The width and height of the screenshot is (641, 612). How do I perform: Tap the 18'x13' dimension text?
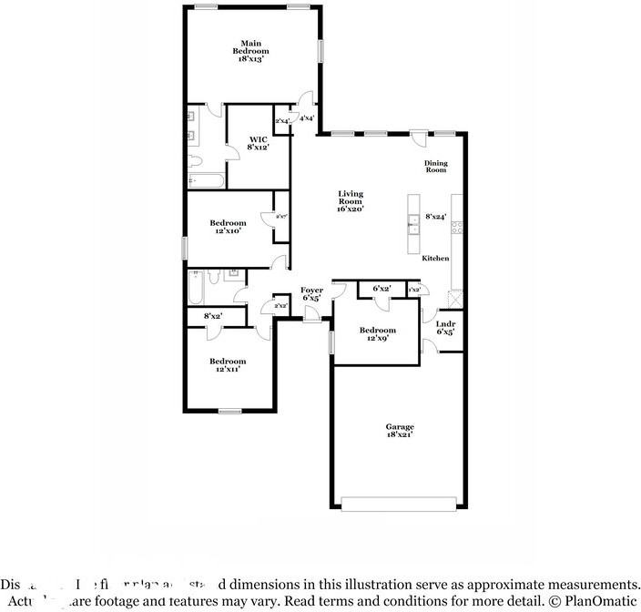[254, 59]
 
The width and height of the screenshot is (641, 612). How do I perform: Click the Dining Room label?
[436, 167]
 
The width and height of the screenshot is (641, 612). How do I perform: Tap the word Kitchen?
[435, 259]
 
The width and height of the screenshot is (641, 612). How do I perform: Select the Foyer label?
[311, 290]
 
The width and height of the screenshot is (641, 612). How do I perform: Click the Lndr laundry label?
[445, 323]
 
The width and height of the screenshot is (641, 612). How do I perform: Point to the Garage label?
[400, 426]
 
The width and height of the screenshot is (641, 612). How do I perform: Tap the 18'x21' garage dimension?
[400, 435]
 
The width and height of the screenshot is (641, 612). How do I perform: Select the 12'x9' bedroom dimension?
[377, 339]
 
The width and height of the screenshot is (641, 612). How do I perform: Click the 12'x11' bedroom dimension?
[227, 370]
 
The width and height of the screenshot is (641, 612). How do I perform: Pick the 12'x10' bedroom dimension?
[228, 231]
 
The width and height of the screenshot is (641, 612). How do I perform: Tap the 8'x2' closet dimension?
[213, 316]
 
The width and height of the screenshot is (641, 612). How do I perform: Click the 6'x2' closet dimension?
[382, 289]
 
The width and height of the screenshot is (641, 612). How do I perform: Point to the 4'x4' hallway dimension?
[307, 118]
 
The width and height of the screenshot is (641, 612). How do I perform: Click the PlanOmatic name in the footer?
[603, 600]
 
